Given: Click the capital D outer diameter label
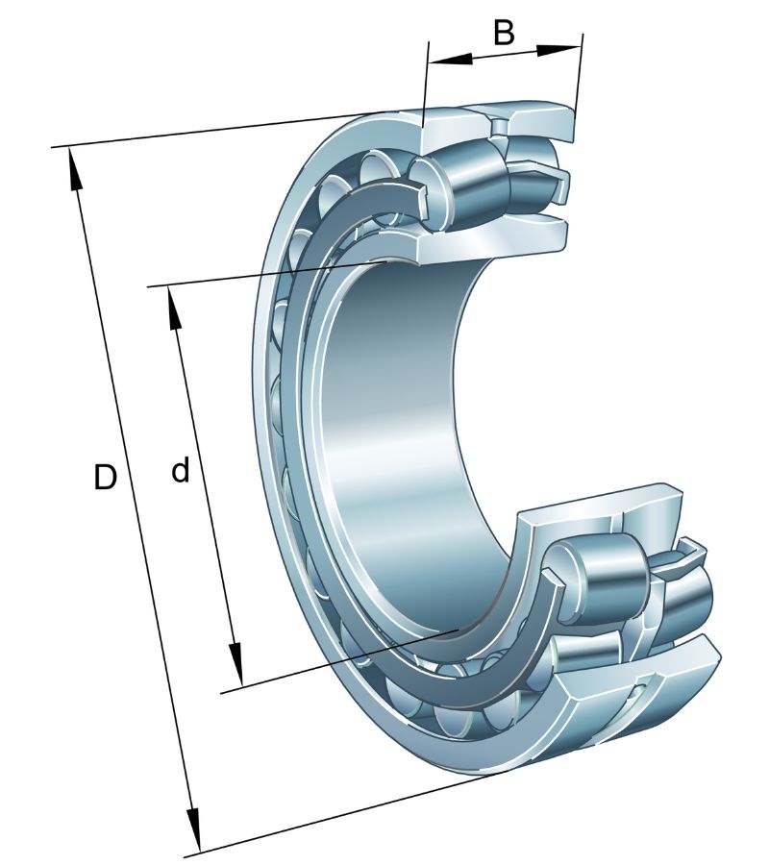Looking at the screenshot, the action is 105,477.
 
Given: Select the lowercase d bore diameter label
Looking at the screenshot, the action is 181,471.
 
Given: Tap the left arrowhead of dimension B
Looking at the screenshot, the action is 450,59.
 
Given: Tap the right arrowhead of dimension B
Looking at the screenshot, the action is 558,50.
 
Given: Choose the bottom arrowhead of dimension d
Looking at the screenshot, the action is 236,664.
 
